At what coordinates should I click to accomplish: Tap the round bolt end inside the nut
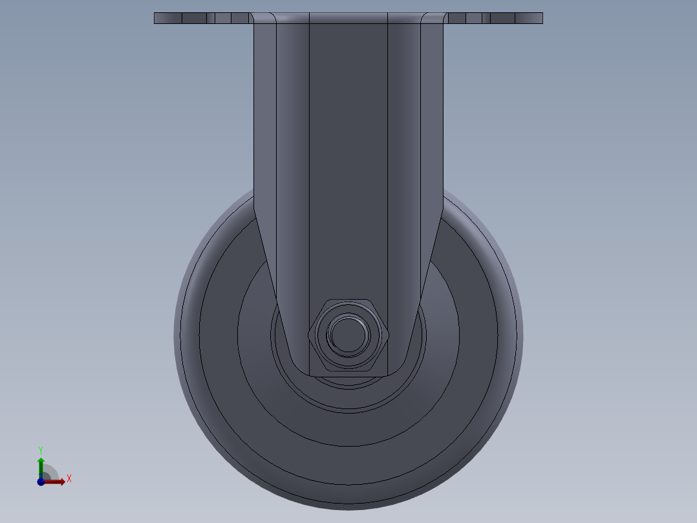tap(348, 334)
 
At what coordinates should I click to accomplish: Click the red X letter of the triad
tap(69, 479)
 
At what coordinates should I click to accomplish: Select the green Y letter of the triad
tap(40, 449)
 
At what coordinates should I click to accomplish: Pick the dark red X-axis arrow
tap(56, 482)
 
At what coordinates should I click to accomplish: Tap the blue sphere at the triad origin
tap(41, 482)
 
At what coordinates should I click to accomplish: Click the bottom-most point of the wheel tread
tap(348, 506)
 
